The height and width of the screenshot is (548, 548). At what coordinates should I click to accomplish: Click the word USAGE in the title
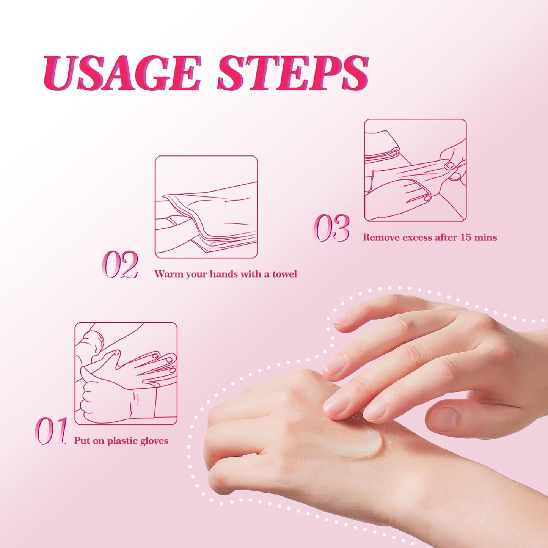pos(121,73)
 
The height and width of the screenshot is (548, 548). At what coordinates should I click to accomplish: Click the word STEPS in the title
pos(293,73)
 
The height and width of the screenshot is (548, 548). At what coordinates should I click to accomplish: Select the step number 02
pos(120,264)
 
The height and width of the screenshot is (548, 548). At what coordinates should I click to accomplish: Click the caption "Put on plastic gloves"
pos(121,441)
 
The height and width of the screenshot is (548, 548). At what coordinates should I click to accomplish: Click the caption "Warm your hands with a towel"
pos(226,274)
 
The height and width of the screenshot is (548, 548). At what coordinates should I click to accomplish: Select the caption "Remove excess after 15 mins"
pos(430,237)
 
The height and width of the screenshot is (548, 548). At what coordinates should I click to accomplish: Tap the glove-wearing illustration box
pos(126,374)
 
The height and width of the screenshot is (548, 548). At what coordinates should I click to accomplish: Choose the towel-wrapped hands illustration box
pos(206,207)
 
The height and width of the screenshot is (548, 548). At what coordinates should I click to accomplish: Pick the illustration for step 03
pos(415,170)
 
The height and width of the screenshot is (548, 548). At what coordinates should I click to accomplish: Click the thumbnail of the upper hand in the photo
pos(444,419)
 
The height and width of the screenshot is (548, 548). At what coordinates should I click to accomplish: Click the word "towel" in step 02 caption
pos(285,274)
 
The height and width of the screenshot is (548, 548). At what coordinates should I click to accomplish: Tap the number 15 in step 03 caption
pos(466,237)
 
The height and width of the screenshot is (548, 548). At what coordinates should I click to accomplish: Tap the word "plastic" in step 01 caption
pos(122,441)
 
